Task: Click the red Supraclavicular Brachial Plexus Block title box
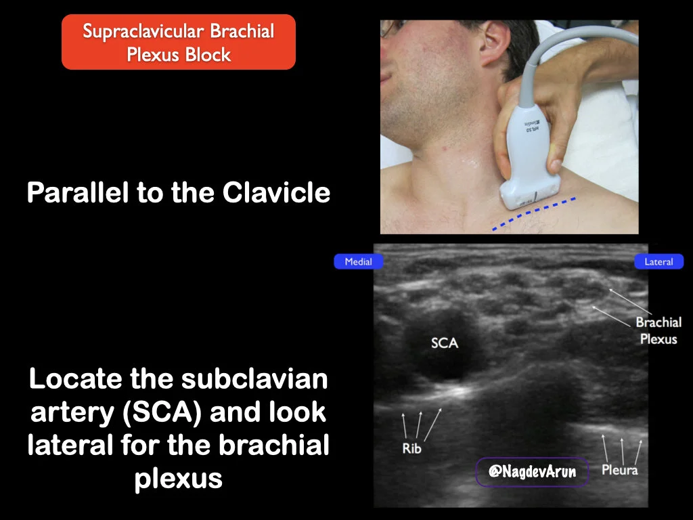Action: click(x=179, y=42)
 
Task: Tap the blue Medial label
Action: click(x=358, y=262)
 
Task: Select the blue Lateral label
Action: click(x=658, y=262)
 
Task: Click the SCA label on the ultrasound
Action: click(x=445, y=343)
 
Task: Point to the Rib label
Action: click(x=411, y=448)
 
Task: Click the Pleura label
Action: click(x=619, y=469)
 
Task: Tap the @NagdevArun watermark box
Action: click(x=532, y=472)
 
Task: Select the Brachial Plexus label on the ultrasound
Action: click(x=658, y=330)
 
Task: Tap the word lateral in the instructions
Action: click(x=68, y=446)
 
